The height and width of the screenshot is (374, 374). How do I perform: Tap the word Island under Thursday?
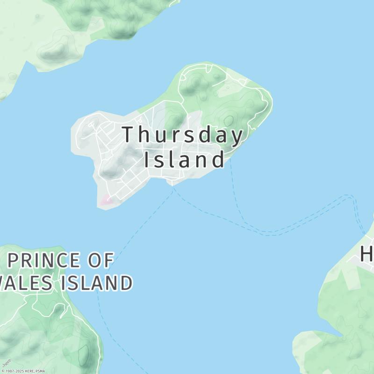pos(184,160)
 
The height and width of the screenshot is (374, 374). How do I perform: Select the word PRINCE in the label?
pos(44,261)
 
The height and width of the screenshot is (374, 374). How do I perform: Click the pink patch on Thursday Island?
pos(106,201)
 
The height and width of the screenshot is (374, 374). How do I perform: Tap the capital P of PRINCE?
pos(14,261)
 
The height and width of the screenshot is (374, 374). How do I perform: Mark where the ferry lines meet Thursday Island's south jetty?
pos(173,186)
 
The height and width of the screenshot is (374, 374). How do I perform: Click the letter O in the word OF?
pos(93,261)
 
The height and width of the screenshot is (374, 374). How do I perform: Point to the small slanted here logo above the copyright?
pos(6,363)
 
